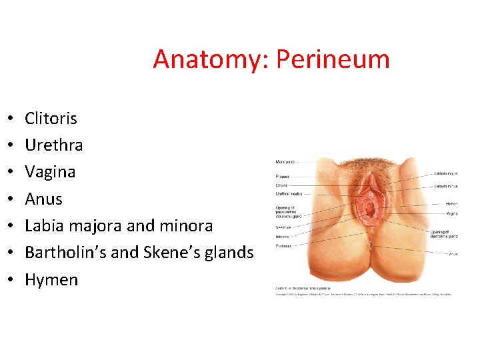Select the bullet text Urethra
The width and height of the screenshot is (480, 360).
coord(53,145)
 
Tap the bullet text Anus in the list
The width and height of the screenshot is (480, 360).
coord(43,199)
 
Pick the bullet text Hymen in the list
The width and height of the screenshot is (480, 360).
coord(51,280)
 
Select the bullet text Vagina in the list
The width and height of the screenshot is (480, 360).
coord(50,172)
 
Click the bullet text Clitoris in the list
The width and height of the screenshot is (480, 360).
coord(51,119)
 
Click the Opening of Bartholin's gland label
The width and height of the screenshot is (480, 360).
coord(443,234)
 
